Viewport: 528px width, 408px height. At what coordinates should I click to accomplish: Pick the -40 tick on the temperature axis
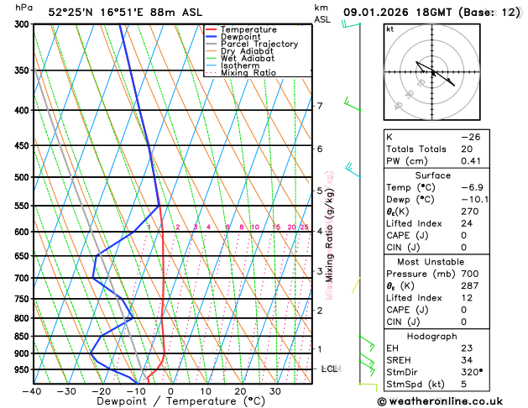tap(32, 391)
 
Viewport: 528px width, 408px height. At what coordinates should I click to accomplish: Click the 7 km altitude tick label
tap(320, 106)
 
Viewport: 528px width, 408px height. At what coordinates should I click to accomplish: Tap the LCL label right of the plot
tap(330, 369)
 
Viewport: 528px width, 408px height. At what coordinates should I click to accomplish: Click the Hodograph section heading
tap(432, 336)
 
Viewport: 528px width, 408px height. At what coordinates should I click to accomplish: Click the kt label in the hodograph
tap(389, 29)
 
